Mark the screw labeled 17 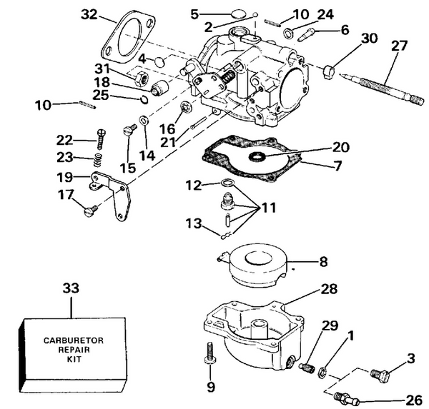(89, 209)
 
